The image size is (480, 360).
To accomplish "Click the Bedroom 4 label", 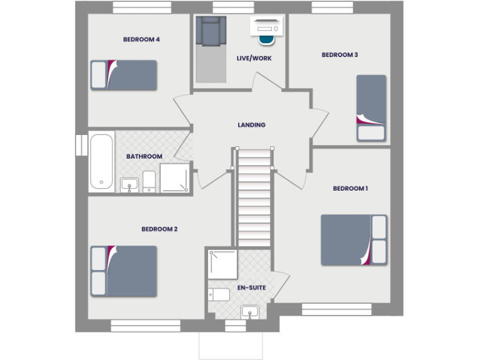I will click(141, 39).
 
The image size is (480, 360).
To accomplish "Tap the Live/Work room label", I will click(254, 59).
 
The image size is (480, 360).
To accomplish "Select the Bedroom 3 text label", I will click(339, 55).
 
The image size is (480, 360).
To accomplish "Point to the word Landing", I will click(251, 125).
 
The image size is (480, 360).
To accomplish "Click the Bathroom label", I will click(144, 156).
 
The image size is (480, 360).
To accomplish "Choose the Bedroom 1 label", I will click(350, 188).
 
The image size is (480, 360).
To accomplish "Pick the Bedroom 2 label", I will click(159, 229).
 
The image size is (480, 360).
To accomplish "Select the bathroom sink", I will click(129, 184).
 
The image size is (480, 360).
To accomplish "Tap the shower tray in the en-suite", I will click(222, 264).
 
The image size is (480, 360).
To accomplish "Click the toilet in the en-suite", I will click(219, 294).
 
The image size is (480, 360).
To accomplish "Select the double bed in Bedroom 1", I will click(354, 240).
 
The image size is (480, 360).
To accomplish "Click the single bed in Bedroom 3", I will click(371, 107).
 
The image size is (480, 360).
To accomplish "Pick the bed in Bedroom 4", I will click(124, 75).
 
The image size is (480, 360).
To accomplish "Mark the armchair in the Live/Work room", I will click(210, 31).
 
